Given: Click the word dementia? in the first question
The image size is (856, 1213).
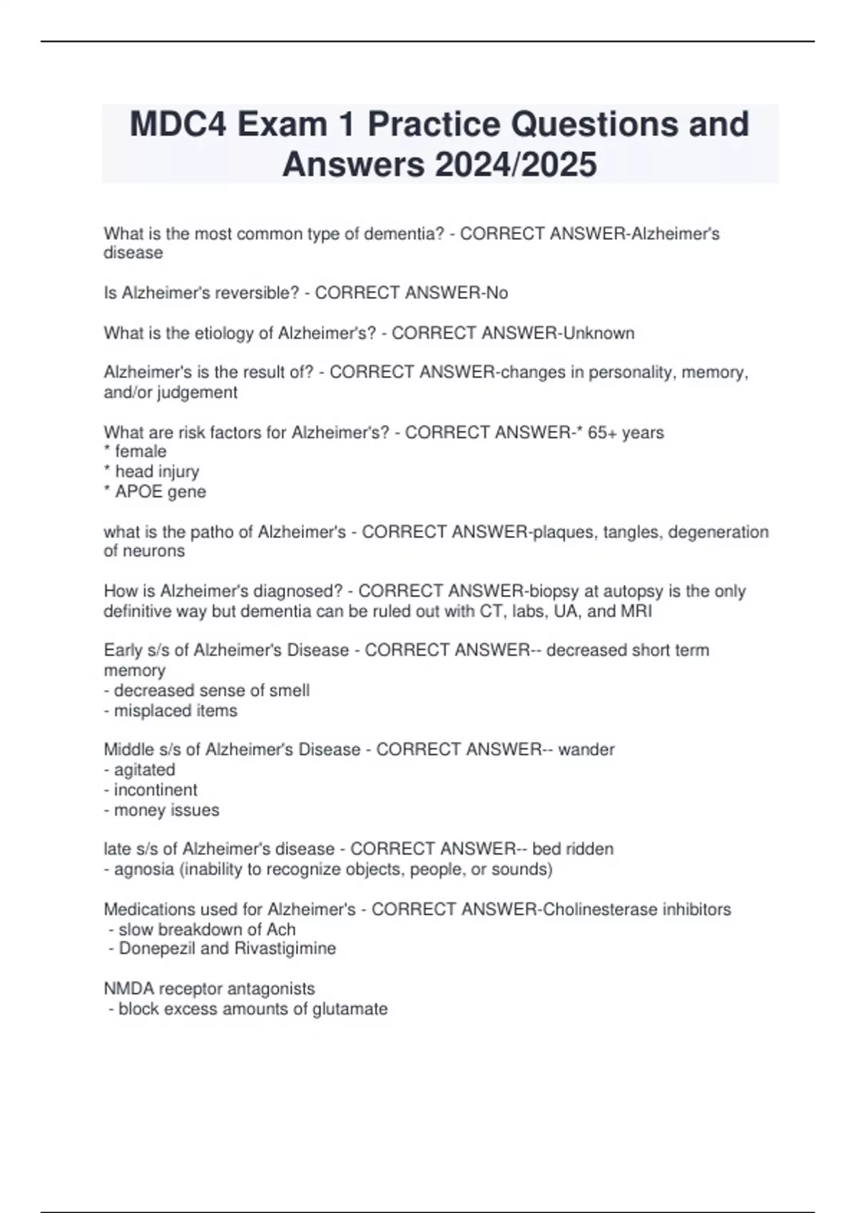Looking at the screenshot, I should pos(404,234).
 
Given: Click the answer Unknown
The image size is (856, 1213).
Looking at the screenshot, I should pos(598,333).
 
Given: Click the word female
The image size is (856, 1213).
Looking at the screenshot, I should pos(141,452).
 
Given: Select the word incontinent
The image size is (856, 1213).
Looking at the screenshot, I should pos(156,790).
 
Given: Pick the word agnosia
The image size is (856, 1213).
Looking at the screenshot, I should pos(143,869).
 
